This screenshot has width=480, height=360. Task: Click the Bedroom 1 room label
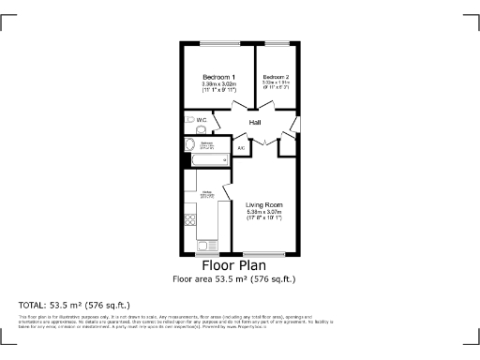tap(218, 76)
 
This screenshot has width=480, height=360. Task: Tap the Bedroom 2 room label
tap(276, 76)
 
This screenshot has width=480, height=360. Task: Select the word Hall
tap(254, 123)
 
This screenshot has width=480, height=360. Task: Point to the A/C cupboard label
tap(241, 148)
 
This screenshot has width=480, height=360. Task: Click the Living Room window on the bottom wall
tap(263, 254)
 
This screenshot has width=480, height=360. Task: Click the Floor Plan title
tap(239, 265)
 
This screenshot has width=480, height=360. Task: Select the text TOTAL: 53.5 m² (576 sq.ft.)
tap(74, 306)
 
